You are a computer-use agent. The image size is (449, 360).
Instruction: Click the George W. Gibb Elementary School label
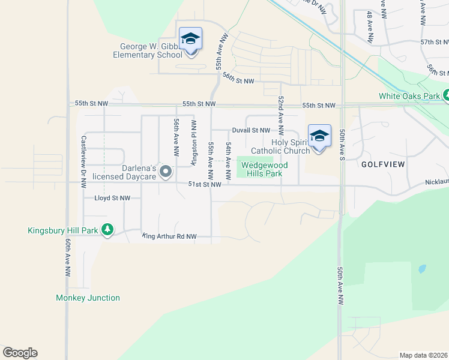(148, 50)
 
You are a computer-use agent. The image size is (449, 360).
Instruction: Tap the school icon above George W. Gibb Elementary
(191, 40)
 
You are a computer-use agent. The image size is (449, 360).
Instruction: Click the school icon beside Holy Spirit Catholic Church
(319, 137)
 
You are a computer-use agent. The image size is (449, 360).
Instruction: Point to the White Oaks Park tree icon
(446, 95)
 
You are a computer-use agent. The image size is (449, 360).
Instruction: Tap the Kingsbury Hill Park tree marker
(107, 230)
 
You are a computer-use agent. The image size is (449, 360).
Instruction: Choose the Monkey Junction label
(88, 298)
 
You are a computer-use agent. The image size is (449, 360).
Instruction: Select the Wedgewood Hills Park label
(265, 169)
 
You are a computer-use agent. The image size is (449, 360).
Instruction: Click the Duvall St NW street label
(251, 130)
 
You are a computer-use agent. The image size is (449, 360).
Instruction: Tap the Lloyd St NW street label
(112, 197)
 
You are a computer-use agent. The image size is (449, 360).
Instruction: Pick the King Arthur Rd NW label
(169, 236)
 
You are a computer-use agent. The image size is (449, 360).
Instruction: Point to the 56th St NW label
(238, 79)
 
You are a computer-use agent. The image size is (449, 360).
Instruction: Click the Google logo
(20, 353)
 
